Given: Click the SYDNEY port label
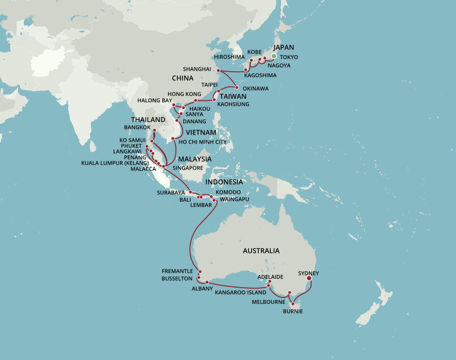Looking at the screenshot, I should [308, 273].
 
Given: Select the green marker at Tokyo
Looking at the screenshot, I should [274, 56].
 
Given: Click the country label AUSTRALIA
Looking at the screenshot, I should [261, 251].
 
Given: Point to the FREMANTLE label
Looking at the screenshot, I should [177, 271].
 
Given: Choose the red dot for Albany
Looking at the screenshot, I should [207, 282].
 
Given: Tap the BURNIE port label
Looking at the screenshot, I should [293, 311].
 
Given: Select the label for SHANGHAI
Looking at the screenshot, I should [197, 69].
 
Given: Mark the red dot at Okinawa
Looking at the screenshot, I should [237, 88].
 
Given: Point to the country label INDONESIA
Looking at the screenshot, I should [224, 182].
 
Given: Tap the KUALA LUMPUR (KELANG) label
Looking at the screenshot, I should [115, 162].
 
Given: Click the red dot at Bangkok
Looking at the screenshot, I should [154, 130].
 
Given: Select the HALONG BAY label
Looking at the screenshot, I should [155, 100].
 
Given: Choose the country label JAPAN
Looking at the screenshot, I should [284, 48].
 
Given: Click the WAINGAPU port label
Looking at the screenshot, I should [234, 199].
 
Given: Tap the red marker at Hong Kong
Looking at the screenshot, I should [196, 100].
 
